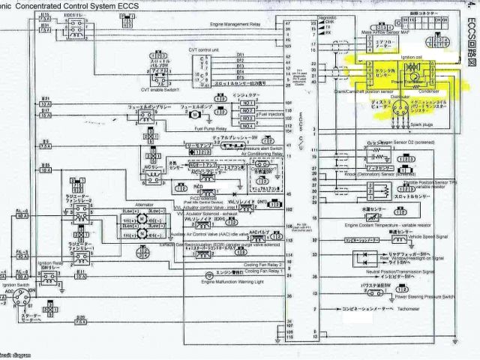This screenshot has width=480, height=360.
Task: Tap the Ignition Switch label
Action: pyautogui.click(x=16, y=286)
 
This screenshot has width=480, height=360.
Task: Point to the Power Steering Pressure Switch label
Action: pyautogui.click(x=417, y=295)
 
